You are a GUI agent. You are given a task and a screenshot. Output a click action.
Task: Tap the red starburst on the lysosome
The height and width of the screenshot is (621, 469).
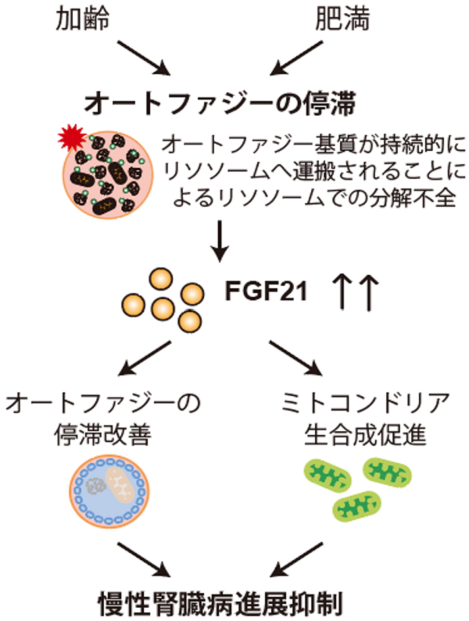(71, 139)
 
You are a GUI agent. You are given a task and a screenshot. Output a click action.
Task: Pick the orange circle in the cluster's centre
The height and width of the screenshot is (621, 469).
(161, 306)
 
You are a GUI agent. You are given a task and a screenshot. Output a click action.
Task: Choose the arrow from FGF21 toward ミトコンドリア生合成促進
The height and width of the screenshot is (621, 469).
(296, 359)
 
